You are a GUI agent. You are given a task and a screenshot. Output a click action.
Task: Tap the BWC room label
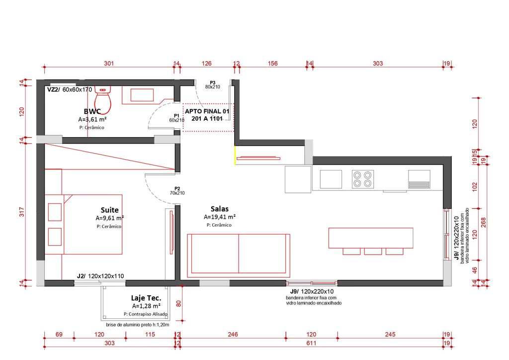pos(92,111)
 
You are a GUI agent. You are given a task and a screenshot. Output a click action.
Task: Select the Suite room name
pos(109,210)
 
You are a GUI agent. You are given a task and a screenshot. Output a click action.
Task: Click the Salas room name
pos(219,209)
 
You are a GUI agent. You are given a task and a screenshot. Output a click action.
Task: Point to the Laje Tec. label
pos(146,298)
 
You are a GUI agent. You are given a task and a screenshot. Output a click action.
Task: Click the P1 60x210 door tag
pos(176,118)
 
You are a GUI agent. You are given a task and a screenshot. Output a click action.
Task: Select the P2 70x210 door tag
pos(177,191)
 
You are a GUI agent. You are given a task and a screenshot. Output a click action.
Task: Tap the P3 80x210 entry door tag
pos(213,85)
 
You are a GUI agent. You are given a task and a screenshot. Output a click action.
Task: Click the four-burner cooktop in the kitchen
pos(362,179)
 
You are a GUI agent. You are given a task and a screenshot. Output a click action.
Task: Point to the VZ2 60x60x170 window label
pos(70,90)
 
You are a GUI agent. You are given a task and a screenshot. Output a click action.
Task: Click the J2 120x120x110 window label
pos(100,276)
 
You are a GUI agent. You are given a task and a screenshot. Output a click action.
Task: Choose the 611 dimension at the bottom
pos(311,343)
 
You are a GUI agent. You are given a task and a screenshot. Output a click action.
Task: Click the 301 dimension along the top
pos(109,63)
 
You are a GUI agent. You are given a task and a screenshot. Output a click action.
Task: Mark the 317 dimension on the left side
pos(22,212)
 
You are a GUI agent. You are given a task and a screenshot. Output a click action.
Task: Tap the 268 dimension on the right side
pos(484,222)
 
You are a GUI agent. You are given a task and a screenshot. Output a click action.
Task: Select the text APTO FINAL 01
pos(207,111)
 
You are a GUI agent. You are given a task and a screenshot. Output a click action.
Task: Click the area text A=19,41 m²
pos(219,217)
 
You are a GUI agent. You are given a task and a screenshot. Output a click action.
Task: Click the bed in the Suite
pos(84,224)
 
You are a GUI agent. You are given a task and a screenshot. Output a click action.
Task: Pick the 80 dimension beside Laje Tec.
pos(178,303)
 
